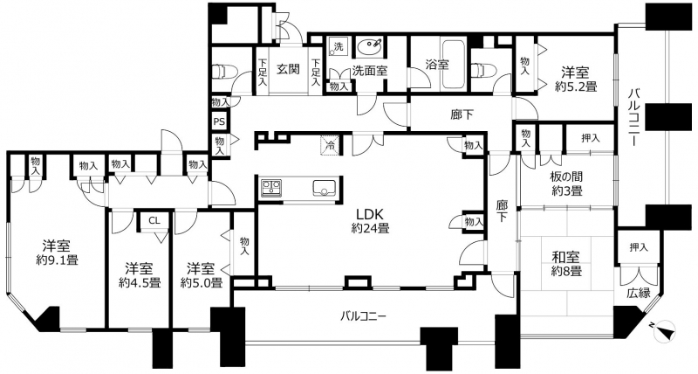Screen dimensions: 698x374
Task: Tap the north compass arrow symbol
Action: (665, 331)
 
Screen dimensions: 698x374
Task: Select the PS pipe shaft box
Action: (219, 121)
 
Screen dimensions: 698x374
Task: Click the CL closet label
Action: (154, 220)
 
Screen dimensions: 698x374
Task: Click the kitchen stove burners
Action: (270, 188)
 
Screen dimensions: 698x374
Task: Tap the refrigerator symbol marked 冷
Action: (331, 144)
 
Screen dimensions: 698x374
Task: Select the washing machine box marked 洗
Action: (339, 46)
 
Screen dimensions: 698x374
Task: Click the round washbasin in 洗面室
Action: (369, 46)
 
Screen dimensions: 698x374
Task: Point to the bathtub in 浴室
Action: (453, 65)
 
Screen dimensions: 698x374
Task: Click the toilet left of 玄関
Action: (222, 72)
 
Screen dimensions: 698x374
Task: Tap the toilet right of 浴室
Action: (479, 70)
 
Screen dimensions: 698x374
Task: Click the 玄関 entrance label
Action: (288, 69)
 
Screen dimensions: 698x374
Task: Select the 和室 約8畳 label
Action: (565, 263)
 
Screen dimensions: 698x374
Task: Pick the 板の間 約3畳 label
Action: (566, 184)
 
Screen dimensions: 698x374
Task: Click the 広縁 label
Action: (639, 294)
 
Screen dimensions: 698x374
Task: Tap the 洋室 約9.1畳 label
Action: (57, 253)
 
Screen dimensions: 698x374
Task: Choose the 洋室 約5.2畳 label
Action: (576, 79)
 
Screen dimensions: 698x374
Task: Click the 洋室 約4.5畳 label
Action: (140, 275)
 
